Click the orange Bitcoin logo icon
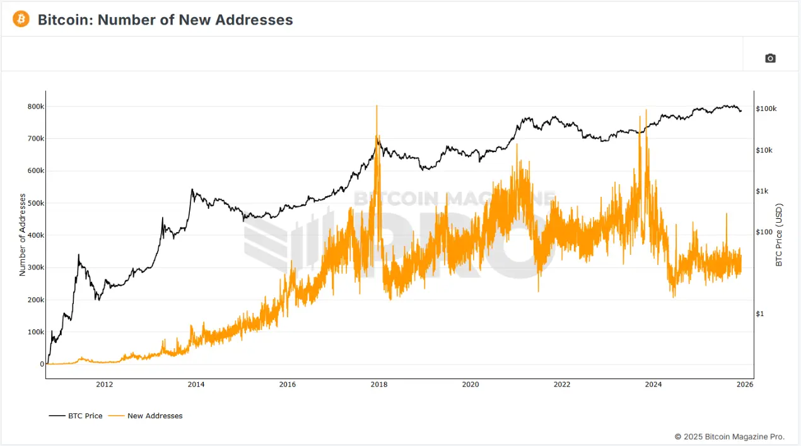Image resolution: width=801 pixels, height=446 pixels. [21, 20]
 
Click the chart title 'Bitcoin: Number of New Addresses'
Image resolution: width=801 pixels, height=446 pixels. [165, 20]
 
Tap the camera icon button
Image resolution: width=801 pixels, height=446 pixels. [770, 58]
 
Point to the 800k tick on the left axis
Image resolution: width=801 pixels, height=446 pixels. [35, 107]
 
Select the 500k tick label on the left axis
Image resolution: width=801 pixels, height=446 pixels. [35, 203]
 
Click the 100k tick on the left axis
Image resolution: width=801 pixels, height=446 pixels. [35, 332]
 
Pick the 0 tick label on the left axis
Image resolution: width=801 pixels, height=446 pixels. [42, 364]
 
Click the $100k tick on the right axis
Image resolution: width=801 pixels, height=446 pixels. [766, 109]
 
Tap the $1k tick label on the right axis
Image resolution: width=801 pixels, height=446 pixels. [764, 191]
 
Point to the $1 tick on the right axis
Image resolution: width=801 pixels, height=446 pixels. [760, 314]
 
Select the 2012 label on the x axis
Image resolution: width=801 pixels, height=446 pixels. [104, 384]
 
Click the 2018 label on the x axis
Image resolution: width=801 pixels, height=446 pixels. [378, 384]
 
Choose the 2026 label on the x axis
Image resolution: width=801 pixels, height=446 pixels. [744, 384]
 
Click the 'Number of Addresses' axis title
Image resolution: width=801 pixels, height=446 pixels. [23, 235]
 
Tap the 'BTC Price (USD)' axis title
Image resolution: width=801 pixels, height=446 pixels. [779, 235]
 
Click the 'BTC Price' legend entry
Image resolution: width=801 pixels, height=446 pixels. [76, 416]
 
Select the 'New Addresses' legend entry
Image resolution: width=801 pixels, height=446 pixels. [146, 416]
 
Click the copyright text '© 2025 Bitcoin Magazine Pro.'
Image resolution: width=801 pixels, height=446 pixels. [729, 437]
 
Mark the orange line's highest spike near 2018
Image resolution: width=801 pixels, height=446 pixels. [377, 107]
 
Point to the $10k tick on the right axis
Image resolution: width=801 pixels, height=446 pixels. [765, 150]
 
